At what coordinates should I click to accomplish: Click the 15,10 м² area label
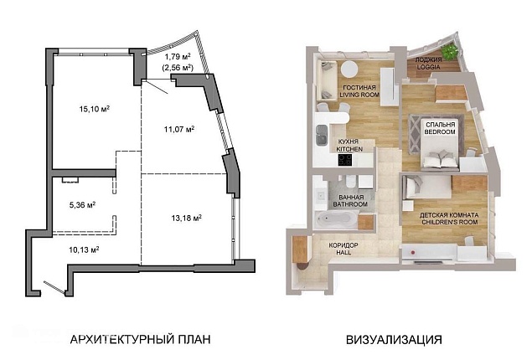point(95,109)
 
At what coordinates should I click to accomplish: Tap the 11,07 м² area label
point(179,129)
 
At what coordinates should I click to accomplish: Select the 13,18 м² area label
point(186,218)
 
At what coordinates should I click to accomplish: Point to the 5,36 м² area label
point(82,205)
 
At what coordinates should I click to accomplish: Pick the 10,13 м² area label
point(84,249)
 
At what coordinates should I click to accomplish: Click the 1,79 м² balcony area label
point(178,56)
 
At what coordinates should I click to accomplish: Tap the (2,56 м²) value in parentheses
point(178,68)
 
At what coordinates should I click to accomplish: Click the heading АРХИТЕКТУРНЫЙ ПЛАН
point(140,339)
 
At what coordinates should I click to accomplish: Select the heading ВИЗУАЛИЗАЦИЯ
point(394,339)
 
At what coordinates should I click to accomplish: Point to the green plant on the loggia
point(450,51)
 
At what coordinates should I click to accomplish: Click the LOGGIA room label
point(428,67)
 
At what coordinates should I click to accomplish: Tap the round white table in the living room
point(349,69)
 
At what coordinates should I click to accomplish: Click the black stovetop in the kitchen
point(345,160)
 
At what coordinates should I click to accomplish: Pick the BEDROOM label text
point(440,131)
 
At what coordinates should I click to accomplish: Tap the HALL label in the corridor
point(343,253)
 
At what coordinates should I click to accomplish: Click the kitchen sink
point(322,135)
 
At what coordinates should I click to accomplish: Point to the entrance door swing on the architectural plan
point(54,287)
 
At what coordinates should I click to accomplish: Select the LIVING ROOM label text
point(359,95)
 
